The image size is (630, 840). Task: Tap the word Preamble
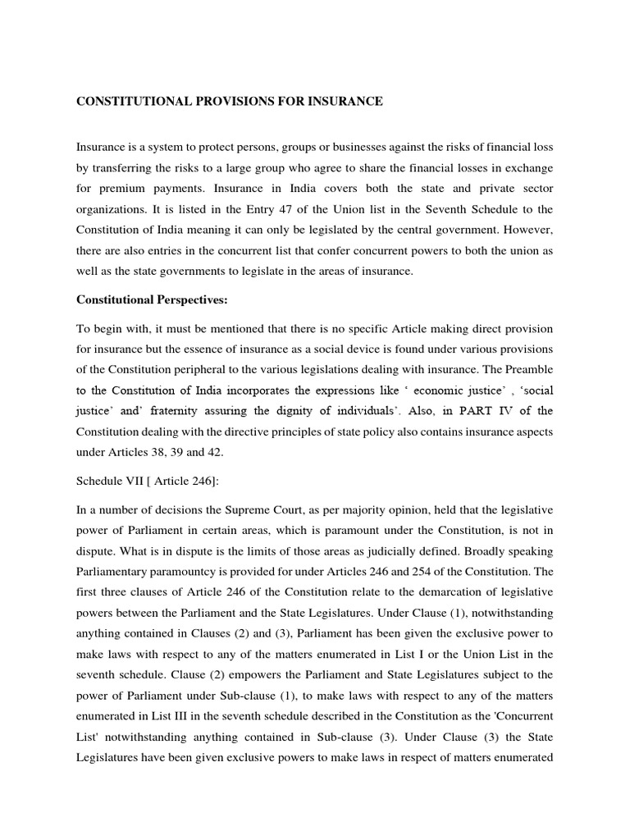coord(526,368)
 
